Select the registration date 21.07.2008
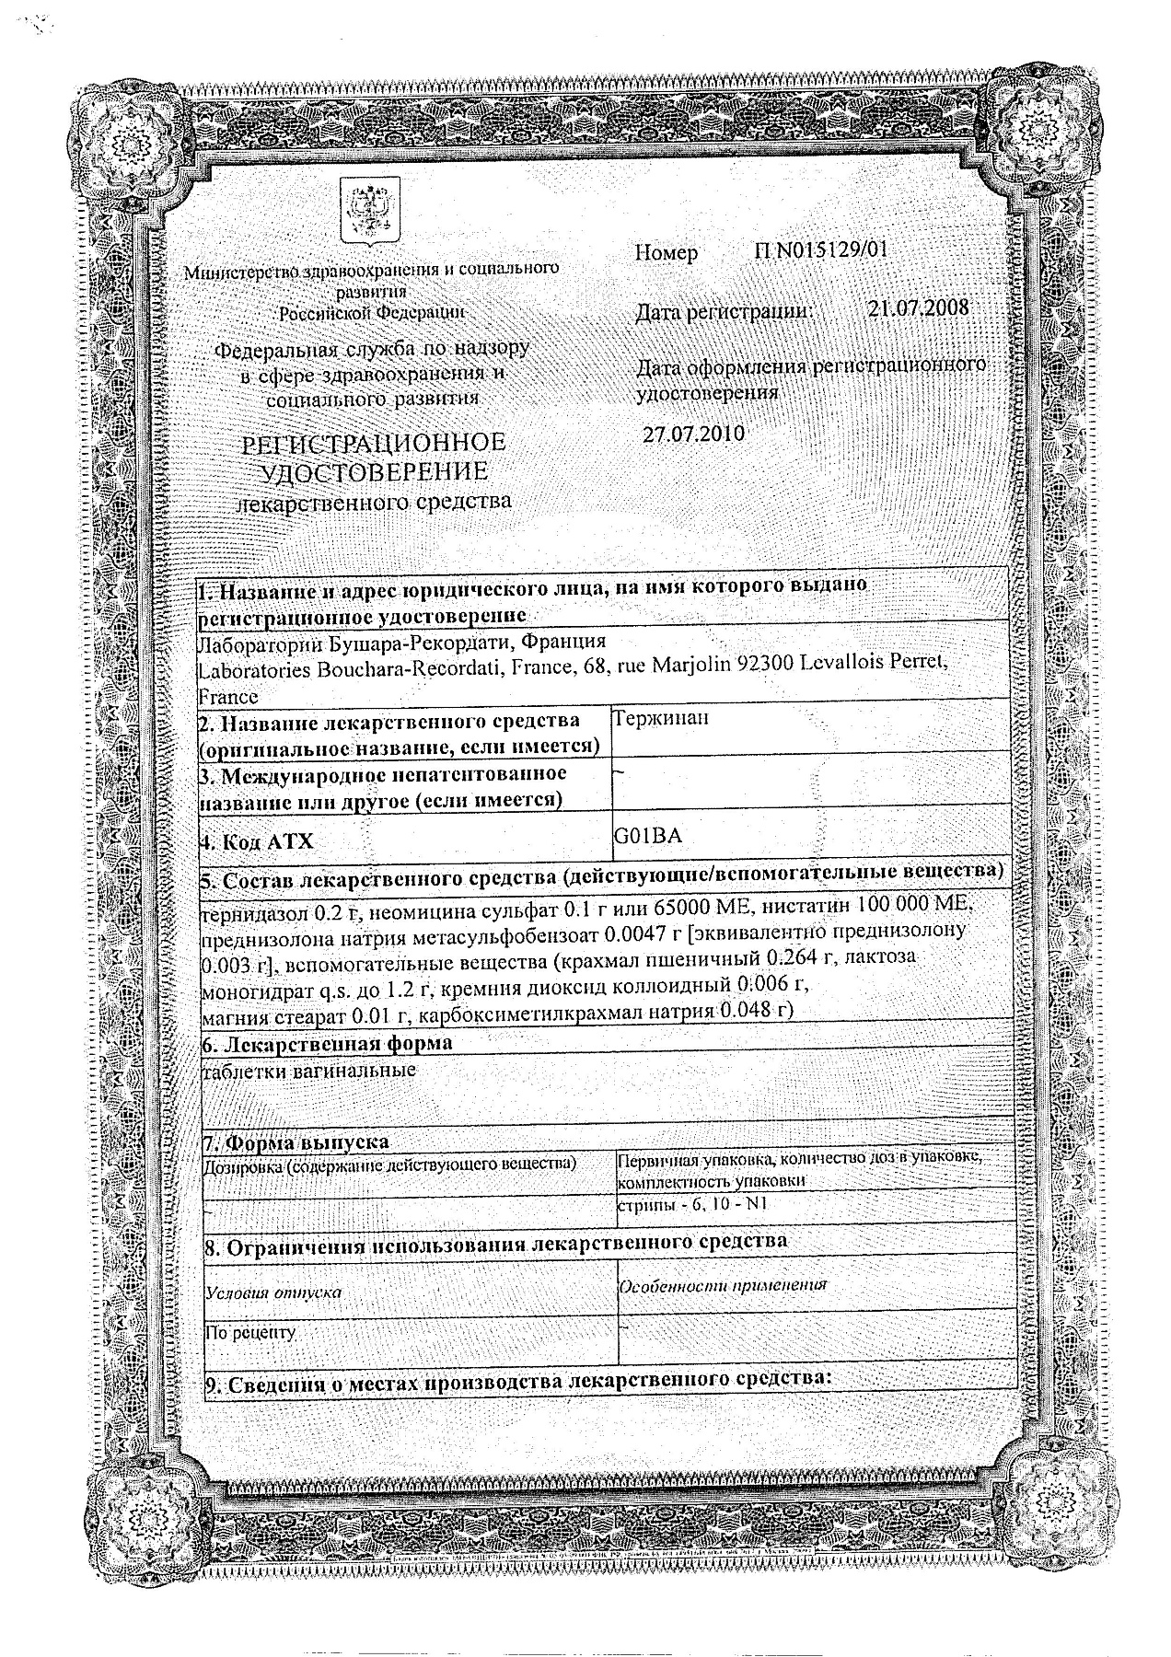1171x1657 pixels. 918,308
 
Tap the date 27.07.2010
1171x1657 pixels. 693,435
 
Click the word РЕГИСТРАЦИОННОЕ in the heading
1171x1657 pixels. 373,443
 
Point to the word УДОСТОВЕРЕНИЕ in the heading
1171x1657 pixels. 373,472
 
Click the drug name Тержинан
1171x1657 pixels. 661,719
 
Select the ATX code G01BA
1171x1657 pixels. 647,836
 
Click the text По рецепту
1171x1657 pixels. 250,1331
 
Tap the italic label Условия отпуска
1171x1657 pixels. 273,1292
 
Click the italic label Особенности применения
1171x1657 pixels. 723,1285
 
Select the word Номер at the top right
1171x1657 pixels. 666,252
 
